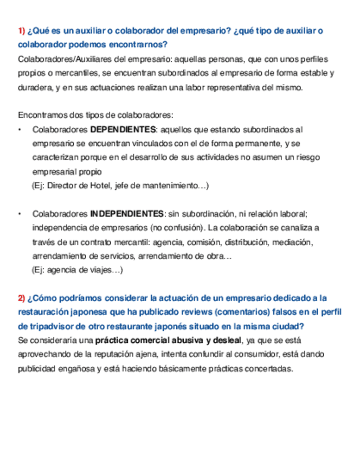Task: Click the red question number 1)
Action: tap(21, 30)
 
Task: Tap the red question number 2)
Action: tap(21, 298)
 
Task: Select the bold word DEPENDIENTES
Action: tap(123, 130)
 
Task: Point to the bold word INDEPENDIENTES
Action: tap(127, 213)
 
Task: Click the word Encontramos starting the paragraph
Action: tap(41, 115)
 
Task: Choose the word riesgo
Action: tap(306, 157)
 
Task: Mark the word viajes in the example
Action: tap(98, 270)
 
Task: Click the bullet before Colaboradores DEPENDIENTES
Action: tap(21, 130)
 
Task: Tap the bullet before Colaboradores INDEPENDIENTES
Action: tap(21, 213)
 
